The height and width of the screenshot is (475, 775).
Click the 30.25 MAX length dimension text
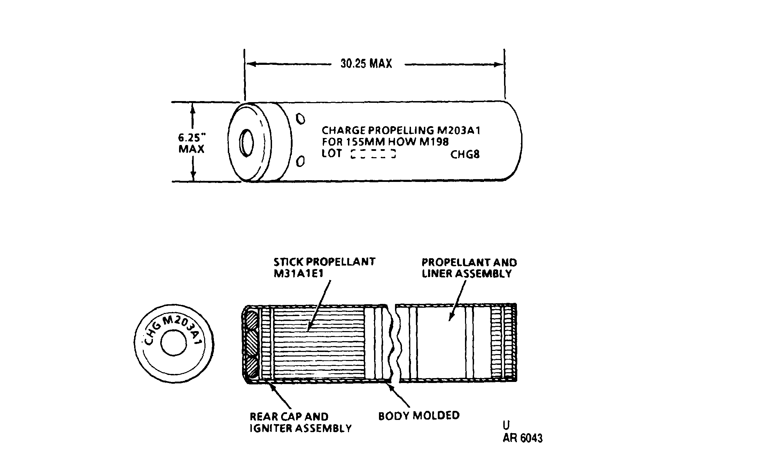point(366,63)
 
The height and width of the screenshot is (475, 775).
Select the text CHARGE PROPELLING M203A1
point(401,130)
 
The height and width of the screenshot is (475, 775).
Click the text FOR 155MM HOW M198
point(385,142)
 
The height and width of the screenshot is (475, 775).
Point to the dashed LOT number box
point(373,154)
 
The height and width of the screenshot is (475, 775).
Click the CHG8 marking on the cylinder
point(465,154)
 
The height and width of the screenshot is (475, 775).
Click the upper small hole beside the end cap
point(301,119)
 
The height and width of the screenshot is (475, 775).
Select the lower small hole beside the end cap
point(301,161)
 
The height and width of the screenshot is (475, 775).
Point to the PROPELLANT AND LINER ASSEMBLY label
point(469,268)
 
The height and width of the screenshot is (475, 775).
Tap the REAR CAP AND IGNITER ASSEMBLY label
point(301,422)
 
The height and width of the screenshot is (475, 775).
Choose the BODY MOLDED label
point(419,416)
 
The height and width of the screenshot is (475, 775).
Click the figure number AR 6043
point(522,438)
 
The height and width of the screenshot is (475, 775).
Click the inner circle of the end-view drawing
point(173,343)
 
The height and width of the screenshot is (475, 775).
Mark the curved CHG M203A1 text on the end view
point(173,329)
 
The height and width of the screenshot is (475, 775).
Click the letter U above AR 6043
point(506,426)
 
